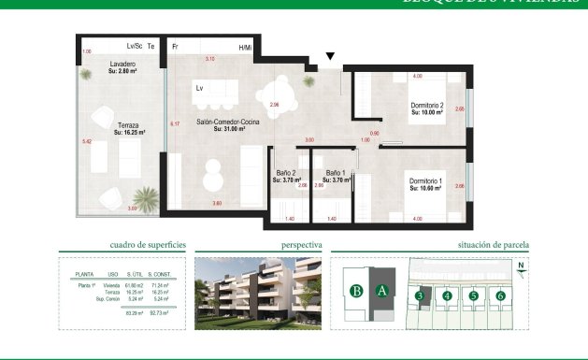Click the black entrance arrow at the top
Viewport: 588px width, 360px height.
point(329,57)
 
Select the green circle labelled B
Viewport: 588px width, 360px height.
point(355,291)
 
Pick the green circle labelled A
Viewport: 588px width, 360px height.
point(381,291)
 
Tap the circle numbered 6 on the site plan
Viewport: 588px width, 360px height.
point(501,296)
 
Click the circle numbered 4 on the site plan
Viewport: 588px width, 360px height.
point(448,296)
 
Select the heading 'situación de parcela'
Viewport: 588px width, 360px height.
point(494,245)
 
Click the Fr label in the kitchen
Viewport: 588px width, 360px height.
point(174,46)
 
